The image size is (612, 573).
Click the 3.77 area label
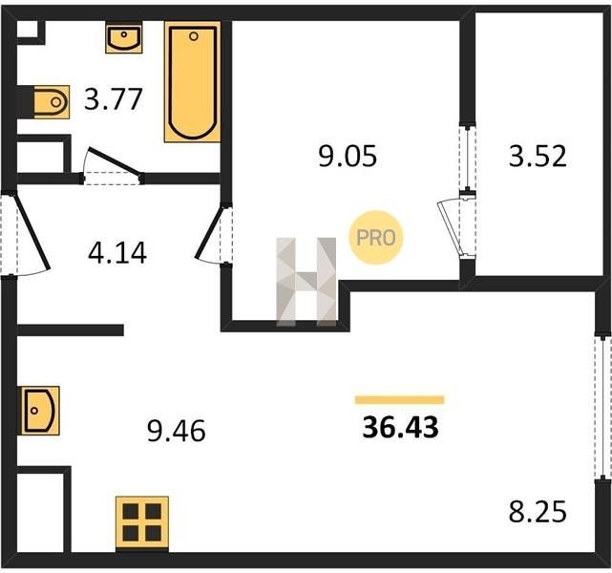click(114, 99)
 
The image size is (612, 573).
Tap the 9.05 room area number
click(348, 156)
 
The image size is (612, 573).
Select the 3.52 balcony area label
click(538, 156)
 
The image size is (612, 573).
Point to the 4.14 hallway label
click(117, 253)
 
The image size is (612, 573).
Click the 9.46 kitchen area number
click(177, 431)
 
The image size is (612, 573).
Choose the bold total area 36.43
click(400, 427)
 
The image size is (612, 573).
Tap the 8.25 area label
click(538, 512)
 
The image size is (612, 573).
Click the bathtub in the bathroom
click(193, 81)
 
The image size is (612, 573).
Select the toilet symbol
click(52, 102)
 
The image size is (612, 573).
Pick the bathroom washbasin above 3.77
click(124, 37)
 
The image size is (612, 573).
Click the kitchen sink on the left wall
click(40, 411)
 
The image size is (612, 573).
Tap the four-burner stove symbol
click(142, 522)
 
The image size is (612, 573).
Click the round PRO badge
click(376, 238)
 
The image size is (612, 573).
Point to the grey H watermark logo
click(306, 281)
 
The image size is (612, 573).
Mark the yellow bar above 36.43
click(400, 400)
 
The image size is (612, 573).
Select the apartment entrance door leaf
click(32, 232)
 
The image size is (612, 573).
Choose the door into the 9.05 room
click(210, 233)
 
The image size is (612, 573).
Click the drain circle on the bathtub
click(194, 36)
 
